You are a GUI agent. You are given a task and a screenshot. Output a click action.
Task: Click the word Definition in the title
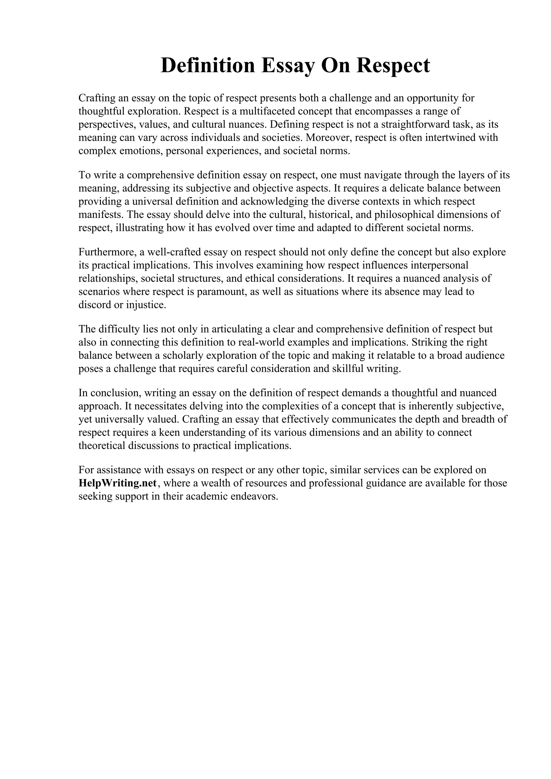coord(207,66)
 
